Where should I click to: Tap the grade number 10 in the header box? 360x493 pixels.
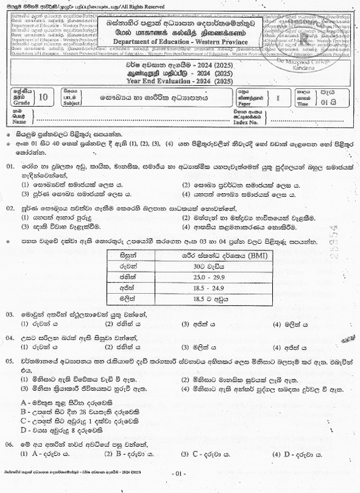[x=43, y=97]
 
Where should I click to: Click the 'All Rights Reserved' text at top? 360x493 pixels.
[x=148, y=5]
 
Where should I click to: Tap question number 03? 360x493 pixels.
[x=10, y=314]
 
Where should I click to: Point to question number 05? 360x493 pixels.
[x=10, y=359]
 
